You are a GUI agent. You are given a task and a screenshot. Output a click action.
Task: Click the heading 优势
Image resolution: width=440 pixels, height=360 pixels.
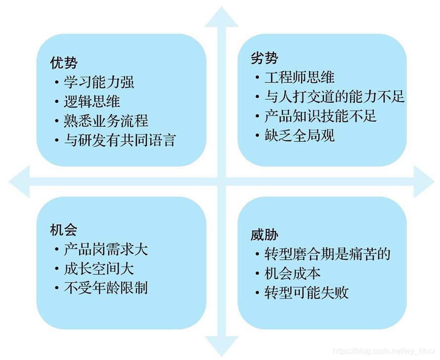64,63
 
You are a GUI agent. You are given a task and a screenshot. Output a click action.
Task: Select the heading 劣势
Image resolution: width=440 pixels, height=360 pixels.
264,58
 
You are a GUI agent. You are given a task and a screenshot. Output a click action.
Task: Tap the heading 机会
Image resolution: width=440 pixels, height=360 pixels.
64,230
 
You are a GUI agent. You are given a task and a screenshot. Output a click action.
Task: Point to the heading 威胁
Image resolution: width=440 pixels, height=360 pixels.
264,236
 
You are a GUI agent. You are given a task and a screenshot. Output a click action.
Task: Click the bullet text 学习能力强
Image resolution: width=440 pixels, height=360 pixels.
99,82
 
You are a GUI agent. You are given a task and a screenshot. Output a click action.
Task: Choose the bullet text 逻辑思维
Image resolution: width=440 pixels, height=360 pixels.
92,101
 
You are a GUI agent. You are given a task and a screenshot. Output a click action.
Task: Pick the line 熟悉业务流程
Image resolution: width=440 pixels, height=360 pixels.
106,120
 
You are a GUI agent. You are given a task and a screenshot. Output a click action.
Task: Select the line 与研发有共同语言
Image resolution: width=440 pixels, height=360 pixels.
120,140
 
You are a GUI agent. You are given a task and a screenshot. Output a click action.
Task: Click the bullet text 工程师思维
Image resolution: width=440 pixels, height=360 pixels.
299,77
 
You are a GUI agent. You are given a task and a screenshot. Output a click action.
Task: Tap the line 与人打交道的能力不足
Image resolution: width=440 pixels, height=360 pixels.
334,96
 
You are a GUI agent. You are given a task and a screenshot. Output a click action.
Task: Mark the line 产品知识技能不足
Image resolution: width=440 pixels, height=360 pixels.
320,116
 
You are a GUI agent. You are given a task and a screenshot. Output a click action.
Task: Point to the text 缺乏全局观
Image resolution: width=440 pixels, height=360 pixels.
299,135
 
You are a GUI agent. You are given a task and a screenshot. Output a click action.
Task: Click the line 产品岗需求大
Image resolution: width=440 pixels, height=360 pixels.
106,249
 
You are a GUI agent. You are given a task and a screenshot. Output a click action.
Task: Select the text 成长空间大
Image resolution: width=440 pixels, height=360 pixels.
99,269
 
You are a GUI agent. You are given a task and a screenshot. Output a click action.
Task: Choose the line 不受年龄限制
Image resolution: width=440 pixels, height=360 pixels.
106,288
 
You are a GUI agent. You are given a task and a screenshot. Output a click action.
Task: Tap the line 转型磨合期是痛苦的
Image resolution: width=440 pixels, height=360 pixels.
327,254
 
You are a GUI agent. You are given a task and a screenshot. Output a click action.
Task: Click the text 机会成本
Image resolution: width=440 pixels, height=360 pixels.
292,274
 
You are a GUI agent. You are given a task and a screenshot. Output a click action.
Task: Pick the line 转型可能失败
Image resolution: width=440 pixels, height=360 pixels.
306,292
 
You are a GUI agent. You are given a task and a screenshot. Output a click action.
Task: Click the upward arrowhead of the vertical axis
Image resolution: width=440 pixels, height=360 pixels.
221,17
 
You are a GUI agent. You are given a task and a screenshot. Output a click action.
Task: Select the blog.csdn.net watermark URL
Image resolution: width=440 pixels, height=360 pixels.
384,351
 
